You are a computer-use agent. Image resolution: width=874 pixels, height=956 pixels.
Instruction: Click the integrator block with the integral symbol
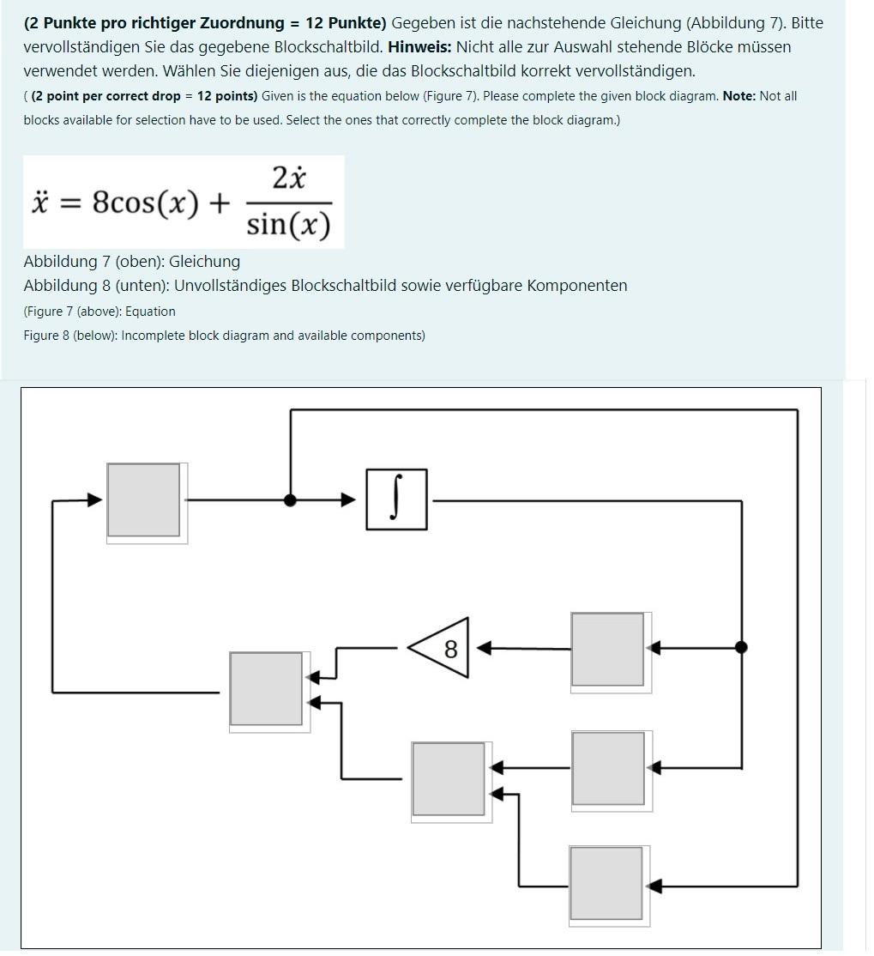(395, 499)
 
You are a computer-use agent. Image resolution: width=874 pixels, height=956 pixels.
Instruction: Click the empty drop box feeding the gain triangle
(608, 650)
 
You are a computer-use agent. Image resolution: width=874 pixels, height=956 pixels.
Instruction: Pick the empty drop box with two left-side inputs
(449, 779)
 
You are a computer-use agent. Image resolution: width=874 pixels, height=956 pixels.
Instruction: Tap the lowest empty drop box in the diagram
(606, 884)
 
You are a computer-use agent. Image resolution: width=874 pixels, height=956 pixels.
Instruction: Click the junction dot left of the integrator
(291, 500)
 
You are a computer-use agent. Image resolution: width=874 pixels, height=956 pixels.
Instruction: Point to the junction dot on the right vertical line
(741, 647)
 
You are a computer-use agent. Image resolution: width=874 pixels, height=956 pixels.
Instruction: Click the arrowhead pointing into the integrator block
(348, 499)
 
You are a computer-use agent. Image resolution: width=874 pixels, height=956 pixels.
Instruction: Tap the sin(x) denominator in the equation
(288, 225)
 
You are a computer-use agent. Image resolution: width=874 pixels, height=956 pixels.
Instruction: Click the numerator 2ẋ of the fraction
(289, 178)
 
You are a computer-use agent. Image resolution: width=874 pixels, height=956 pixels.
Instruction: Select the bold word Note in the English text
(738, 96)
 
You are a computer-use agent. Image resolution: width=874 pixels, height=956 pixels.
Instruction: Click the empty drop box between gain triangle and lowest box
(608, 768)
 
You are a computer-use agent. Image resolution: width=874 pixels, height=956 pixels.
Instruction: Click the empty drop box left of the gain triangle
(266, 689)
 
